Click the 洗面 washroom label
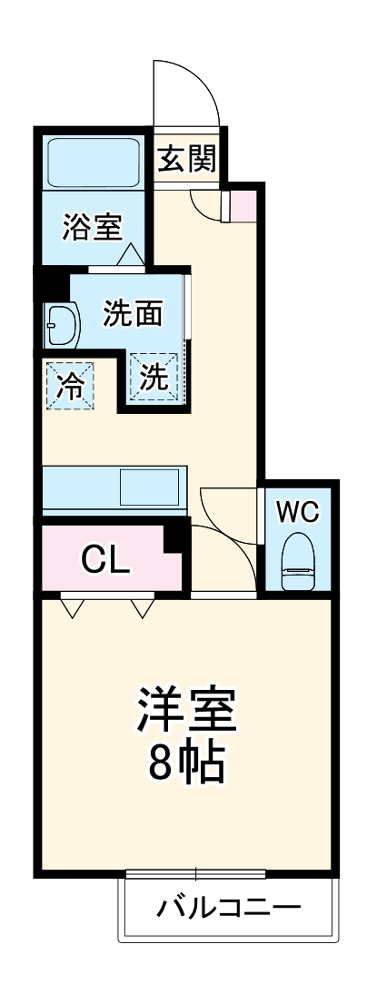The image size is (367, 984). click(132, 313)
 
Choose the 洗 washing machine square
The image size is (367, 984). click(154, 377)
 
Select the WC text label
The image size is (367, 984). click(298, 513)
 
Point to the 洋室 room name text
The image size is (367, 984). click(187, 713)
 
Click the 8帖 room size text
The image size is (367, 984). click(187, 765)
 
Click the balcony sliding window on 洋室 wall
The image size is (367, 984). click(195, 873)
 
